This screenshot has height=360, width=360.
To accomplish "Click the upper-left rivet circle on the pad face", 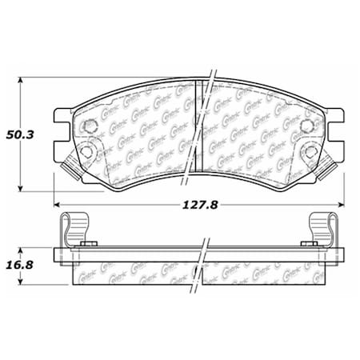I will pyautogui.click(x=90, y=125).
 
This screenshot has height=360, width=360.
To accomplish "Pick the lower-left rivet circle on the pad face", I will pyautogui.click(x=87, y=152).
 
